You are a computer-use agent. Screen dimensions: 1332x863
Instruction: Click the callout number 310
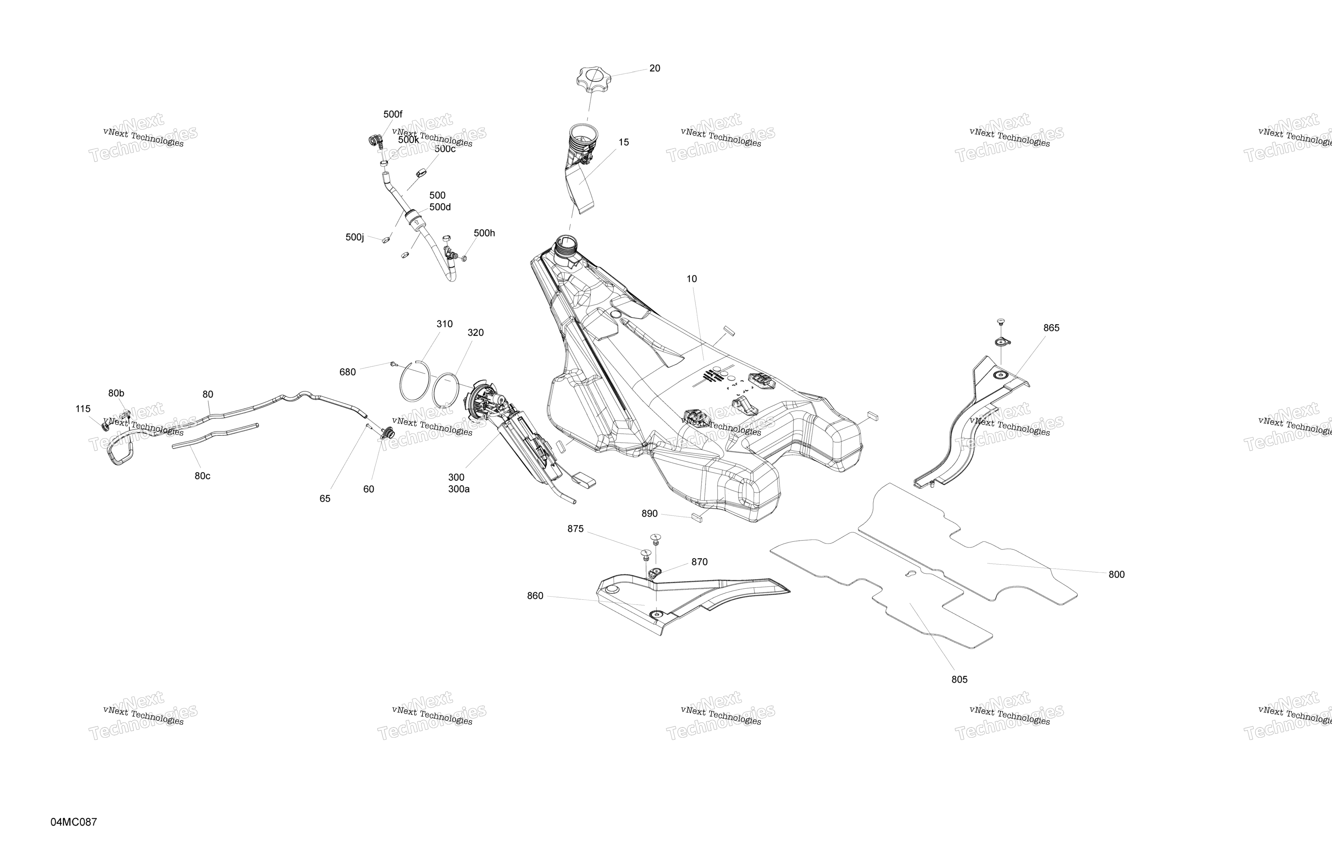point(444,324)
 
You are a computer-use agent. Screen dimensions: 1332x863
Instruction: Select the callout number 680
point(348,372)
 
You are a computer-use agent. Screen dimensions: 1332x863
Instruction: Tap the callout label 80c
point(203,476)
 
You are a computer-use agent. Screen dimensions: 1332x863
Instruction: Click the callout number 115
point(83,409)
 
